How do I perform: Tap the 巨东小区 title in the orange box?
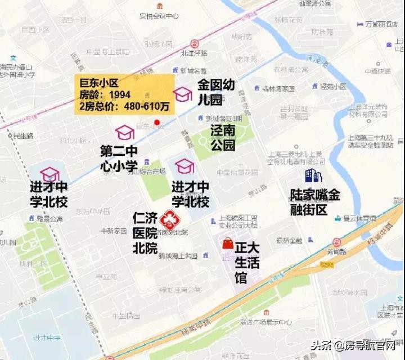pyautogui.click(x=99, y=83)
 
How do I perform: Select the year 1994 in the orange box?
pyautogui.click(x=120, y=94)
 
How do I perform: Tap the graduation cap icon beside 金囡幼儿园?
pyautogui.click(x=182, y=94)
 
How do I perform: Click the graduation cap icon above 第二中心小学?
pyautogui.click(x=124, y=133)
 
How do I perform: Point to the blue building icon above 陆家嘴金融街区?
pyautogui.click(x=313, y=176)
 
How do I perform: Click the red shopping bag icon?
pyautogui.click(x=227, y=243)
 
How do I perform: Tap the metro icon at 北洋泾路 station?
pyautogui.click(x=194, y=43)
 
